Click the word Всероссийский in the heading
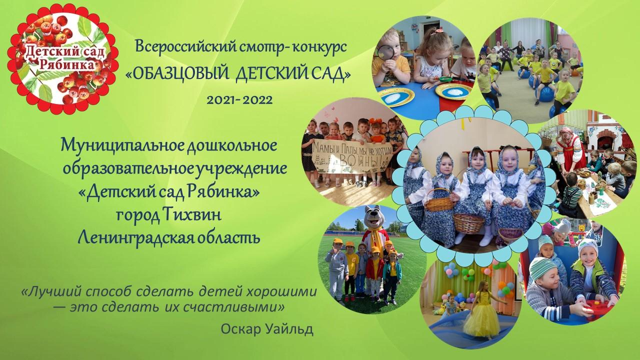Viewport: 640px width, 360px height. (x=185, y=47)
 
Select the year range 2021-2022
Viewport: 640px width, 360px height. (x=239, y=100)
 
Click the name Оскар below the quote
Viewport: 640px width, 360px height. (x=240, y=329)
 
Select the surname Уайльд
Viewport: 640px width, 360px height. (x=289, y=329)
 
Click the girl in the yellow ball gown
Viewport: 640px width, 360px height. (x=479, y=309)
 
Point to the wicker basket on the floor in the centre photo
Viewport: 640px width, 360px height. (x=469, y=223)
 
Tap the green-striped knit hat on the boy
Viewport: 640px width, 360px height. (x=540, y=268)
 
